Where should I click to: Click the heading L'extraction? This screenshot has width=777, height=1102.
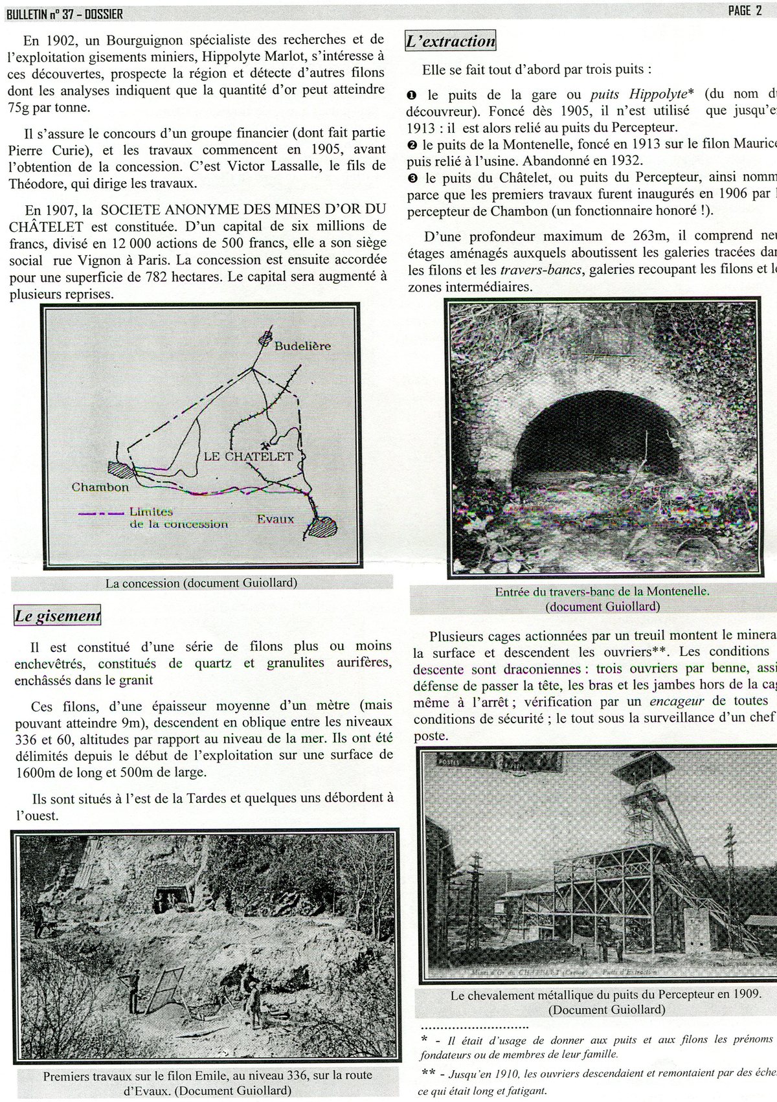(450, 41)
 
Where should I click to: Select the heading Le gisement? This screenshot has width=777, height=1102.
(58, 616)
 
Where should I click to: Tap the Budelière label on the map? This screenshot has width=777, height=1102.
(302, 346)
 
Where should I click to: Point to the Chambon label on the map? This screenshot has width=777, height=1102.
(100, 487)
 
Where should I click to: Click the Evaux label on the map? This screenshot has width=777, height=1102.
(275, 519)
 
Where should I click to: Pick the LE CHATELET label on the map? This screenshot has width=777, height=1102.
(248, 456)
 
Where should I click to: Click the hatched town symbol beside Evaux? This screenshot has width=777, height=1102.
(322, 526)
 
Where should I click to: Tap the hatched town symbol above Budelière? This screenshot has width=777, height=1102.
(265, 338)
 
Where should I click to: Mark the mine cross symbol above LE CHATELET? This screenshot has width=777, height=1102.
(264, 445)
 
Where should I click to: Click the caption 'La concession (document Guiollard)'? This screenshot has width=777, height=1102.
(201, 583)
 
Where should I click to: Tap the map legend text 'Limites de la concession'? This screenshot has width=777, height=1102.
(178, 517)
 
